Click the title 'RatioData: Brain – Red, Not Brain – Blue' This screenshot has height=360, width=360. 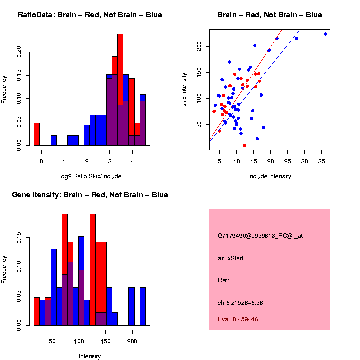90,15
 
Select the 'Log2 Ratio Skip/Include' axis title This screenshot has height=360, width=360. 90,176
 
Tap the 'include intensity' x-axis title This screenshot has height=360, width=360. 270,176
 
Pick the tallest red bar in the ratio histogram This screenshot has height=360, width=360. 120,90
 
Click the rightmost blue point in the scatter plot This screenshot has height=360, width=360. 325,34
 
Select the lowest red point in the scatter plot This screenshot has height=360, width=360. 244,145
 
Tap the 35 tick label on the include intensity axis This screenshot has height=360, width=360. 321,161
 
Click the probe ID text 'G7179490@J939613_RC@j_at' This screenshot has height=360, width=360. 260,236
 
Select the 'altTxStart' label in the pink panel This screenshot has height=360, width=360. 230,258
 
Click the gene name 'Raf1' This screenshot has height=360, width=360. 224,280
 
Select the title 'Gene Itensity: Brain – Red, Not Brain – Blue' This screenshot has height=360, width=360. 90,195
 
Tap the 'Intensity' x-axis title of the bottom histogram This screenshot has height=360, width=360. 90,356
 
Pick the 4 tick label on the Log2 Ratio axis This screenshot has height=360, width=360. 132,161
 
